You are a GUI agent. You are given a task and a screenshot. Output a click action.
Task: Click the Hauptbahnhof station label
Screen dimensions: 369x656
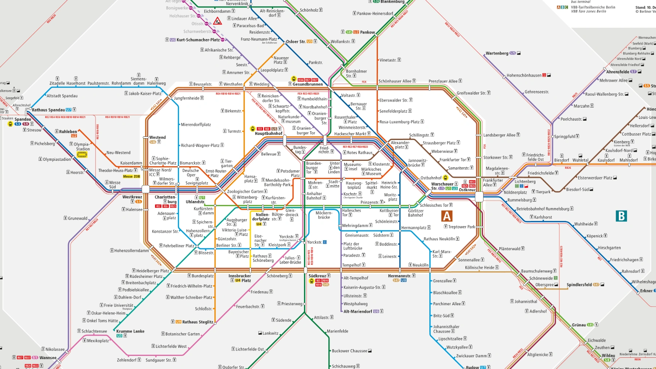(x=269, y=133)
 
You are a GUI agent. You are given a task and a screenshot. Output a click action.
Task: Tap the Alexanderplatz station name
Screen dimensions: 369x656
(x=400, y=145)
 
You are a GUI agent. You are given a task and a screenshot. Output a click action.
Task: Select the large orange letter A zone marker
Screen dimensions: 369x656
(x=447, y=216)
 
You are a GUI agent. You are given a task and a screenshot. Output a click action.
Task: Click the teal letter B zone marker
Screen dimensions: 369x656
(x=621, y=216)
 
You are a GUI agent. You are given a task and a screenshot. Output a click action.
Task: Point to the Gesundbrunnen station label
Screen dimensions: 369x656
(x=308, y=84)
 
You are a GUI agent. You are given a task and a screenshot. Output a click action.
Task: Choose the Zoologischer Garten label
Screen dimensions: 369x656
(x=245, y=191)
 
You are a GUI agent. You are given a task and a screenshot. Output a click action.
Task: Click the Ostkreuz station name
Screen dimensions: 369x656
(x=467, y=190)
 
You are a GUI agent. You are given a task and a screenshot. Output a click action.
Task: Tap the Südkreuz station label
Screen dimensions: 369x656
(x=317, y=276)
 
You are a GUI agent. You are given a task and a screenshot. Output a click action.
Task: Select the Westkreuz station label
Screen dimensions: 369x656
(x=132, y=197)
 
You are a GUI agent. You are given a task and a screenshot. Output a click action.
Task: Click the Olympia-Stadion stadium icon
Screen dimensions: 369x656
(x=82, y=155)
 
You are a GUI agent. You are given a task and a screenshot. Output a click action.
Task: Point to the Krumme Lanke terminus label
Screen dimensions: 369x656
(x=130, y=331)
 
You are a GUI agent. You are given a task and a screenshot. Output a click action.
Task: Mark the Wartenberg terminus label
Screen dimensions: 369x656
(x=497, y=53)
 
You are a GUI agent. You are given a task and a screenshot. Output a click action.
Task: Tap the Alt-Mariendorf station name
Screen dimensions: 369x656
(x=358, y=311)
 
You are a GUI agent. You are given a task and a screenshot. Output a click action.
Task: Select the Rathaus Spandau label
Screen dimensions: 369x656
(x=48, y=110)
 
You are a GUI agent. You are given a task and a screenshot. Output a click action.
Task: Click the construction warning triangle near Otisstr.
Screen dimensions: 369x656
(x=218, y=21)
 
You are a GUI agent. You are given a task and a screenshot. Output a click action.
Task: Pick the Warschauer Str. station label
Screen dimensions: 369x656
(x=442, y=184)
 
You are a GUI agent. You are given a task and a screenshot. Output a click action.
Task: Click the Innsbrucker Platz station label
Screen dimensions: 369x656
(x=239, y=276)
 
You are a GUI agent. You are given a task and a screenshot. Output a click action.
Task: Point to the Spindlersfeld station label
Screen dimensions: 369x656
(x=579, y=285)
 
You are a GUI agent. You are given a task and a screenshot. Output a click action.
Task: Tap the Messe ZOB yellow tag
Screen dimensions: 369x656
(x=131, y=176)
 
